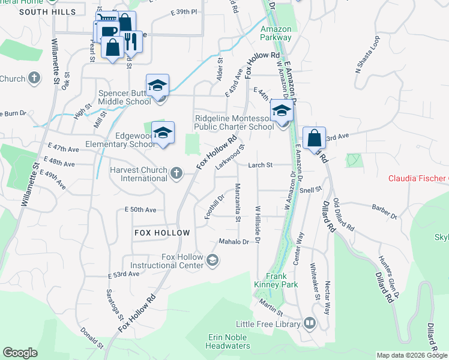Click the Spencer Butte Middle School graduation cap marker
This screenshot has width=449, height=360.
(x=157, y=86)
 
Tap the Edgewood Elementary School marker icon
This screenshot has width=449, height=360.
(x=162, y=134)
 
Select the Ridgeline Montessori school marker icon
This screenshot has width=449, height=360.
(x=282, y=112)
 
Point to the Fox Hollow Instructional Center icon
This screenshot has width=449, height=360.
(x=212, y=260)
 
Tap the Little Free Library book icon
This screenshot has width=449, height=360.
(x=309, y=323)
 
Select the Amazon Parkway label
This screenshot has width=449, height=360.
(x=276, y=33)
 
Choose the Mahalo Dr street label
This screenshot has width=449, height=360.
(x=234, y=242)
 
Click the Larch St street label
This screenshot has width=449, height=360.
(x=261, y=164)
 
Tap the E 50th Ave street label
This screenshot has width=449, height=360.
(x=140, y=209)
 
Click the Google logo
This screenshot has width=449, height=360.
(x=20, y=353)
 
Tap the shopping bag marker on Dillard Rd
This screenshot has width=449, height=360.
(x=314, y=139)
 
